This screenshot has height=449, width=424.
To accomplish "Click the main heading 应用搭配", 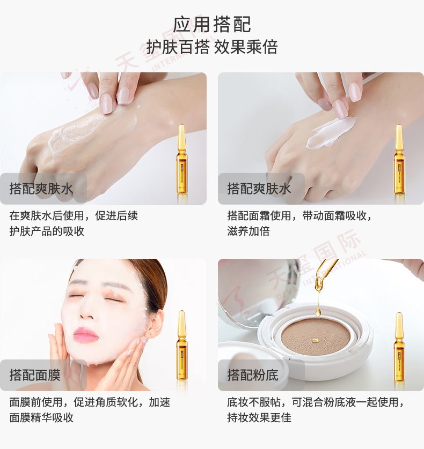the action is pyautogui.click(x=212, y=25).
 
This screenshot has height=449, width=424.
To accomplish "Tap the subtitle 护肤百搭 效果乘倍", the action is pyautogui.click(x=212, y=47).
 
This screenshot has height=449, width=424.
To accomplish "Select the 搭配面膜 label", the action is pyautogui.click(x=35, y=375).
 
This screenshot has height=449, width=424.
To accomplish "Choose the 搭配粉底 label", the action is pyautogui.click(x=253, y=375).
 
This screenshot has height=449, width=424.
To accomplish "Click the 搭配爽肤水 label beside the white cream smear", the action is pyautogui.click(x=259, y=189).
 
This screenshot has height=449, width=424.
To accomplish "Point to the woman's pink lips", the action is pyautogui.click(x=85, y=334).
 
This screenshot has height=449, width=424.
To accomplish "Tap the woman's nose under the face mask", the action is pyautogui.click(x=87, y=311).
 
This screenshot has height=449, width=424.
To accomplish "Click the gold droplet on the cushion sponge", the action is pyautogui.click(x=315, y=340).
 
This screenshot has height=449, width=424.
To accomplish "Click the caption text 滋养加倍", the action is pyautogui.click(x=248, y=231).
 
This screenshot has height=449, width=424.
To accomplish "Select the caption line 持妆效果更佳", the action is pyautogui.click(x=259, y=417).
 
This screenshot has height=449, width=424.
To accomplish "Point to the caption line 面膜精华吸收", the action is pyautogui.click(x=41, y=417).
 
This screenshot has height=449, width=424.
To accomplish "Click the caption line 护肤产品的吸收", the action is pyautogui.click(x=47, y=231).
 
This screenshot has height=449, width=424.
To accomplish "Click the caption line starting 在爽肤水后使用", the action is pyautogui.click(x=74, y=215).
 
